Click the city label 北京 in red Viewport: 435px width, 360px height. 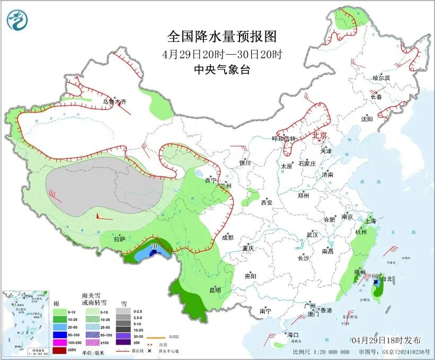[321, 135]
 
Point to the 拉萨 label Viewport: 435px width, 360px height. [119, 239]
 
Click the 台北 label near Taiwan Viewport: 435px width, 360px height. [387, 279]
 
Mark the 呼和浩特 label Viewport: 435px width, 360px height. [284, 139]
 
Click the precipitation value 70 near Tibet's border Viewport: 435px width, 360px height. [154, 247]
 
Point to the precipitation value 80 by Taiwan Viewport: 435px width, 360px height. [376, 276]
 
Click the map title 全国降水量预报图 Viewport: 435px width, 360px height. [222, 37]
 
